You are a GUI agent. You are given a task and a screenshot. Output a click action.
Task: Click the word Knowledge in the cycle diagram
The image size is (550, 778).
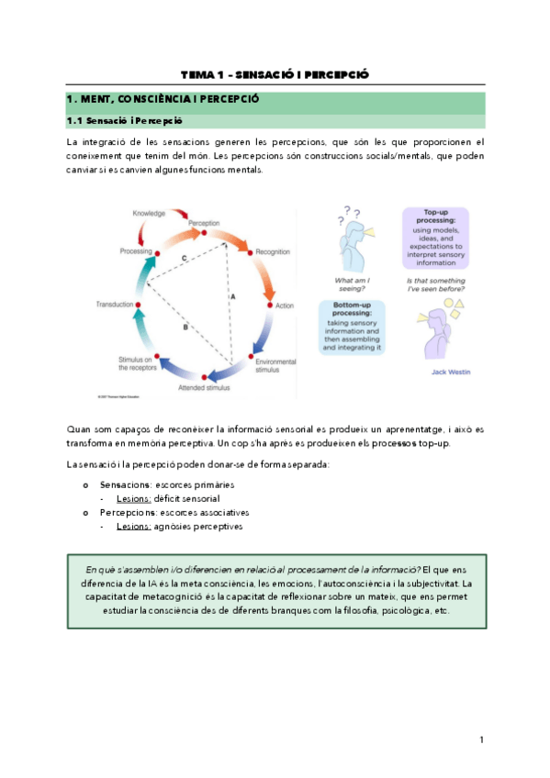coord(148,213)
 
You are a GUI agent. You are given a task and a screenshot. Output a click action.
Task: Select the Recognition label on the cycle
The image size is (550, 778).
coord(273,250)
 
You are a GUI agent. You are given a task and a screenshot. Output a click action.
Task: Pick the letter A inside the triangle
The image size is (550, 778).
coord(233,296)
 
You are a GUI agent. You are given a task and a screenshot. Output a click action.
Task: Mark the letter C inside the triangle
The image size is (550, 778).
coord(184,260)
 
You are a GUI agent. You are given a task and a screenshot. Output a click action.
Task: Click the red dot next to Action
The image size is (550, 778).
coord(269,304)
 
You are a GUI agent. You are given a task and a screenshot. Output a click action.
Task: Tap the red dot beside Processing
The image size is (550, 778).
coord(157,251)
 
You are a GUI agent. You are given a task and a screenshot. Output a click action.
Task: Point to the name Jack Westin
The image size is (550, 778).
coord(452,372)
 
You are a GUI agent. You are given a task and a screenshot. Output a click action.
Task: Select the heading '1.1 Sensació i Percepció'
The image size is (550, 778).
coord(125,120)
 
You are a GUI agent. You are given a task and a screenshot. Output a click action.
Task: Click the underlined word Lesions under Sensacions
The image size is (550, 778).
coord(133,498)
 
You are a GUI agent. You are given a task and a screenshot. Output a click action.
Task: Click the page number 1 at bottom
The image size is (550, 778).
coord(481,739)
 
